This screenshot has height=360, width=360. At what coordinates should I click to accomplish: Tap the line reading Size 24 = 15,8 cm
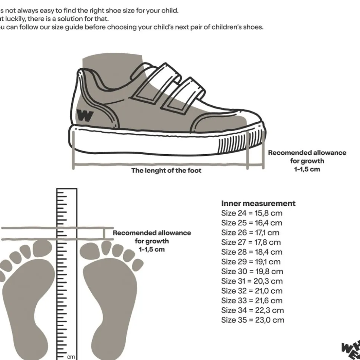(252, 213)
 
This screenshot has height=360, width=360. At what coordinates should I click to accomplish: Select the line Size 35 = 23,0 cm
(253, 320)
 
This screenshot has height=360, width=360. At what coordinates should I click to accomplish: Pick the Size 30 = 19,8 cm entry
(252, 271)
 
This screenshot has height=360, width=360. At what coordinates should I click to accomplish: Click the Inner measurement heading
(258, 203)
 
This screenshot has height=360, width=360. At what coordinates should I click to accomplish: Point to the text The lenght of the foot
(166, 171)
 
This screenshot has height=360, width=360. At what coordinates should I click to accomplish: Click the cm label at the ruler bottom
(71, 357)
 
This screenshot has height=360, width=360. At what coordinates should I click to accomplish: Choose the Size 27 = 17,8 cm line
(251, 242)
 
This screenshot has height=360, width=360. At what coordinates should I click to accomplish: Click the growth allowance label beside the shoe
(307, 161)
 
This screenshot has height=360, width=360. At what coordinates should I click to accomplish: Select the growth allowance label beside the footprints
(152, 241)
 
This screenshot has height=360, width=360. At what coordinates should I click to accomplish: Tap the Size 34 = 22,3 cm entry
(252, 310)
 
